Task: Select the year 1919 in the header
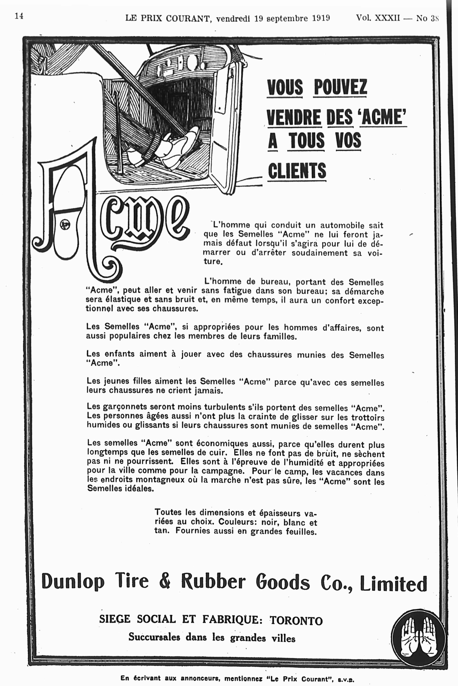(321, 18)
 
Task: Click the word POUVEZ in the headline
(340, 87)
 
